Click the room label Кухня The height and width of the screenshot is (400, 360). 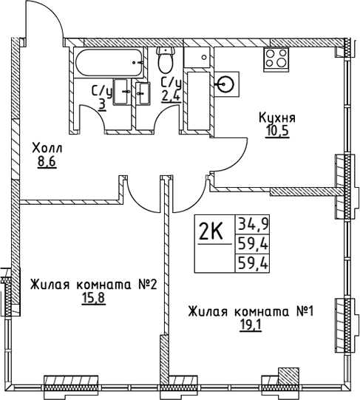click(x=277, y=118)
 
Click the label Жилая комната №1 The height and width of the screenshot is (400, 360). click(x=251, y=311)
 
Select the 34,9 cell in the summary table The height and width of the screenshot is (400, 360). click(x=251, y=223)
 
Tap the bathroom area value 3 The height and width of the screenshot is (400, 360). click(x=101, y=104)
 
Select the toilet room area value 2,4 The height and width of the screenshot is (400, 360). click(x=171, y=96)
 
